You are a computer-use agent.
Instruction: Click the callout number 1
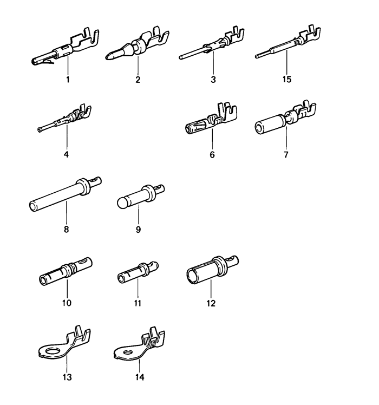point(68,79)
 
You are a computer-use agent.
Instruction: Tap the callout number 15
point(287,79)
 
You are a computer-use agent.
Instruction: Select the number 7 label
point(286,154)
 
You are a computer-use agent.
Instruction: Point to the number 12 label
point(211,303)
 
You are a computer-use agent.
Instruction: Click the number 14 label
point(140,377)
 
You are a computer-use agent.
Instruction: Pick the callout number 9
point(138,229)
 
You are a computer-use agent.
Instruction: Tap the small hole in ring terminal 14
point(127,352)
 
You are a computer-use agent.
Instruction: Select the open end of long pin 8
point(33,207)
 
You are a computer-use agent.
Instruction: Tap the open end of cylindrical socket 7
point(260,127)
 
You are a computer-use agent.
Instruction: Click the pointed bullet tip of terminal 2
point(108,56)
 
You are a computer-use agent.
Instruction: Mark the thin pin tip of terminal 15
point(257,56)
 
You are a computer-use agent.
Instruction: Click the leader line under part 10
point(67,289)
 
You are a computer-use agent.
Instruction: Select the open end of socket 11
point(121,278)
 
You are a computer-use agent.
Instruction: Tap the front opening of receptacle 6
point(188,128)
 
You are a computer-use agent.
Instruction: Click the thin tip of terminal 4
point(39,130)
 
